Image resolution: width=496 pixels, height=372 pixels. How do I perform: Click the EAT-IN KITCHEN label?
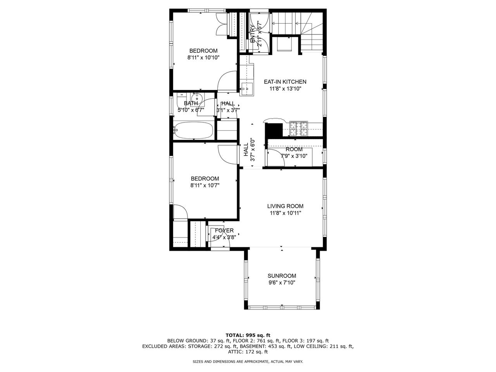tap(285, 82)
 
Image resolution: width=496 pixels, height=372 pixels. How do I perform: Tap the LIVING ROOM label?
tap(285, 206)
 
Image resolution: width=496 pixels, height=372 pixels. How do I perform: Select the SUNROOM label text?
tap(282, 276)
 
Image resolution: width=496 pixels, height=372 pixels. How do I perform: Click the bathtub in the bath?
tap(193, 130)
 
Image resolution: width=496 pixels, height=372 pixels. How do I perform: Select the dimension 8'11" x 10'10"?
tap(203, 57)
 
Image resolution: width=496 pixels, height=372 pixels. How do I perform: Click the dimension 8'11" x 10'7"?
tap(205, 185)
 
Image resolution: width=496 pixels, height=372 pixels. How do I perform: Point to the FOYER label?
tap(224, 231)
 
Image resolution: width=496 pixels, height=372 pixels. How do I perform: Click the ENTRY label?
tap(253, 34)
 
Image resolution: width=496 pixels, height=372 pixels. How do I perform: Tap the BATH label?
tap(191, 103)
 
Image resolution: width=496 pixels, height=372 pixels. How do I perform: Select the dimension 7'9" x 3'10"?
tap(294, 156)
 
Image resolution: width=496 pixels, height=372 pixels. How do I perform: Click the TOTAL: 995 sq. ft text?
tap(248, 335)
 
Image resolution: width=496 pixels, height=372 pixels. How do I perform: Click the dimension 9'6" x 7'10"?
tap(282, 283)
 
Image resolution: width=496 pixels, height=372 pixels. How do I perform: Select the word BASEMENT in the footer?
tap(251, 346)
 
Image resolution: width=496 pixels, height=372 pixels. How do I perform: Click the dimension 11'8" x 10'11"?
tap(285, 213)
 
